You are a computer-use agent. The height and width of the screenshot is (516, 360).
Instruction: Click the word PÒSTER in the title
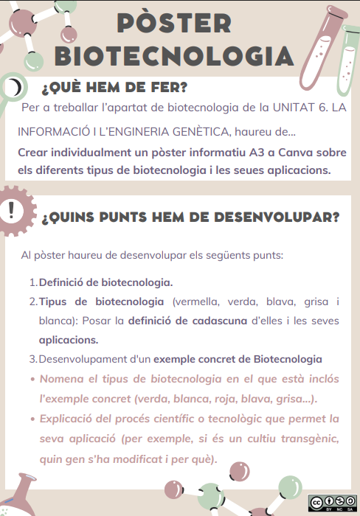click(x=174, y=22)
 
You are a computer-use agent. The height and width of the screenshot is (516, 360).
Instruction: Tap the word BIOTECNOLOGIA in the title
click(x=174, y=56)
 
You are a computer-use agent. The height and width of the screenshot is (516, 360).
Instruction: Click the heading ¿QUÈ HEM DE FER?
click(x=114, y=88)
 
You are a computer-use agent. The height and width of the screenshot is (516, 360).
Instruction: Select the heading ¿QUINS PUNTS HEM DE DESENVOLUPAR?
click(x=190, y=217)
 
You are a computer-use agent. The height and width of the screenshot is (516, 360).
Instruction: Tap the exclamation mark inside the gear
click(x=10, y=209)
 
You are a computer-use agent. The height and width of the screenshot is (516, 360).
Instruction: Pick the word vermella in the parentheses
click(x=198, y=301)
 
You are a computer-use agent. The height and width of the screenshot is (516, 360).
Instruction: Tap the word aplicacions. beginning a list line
click(x=69, y=340)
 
